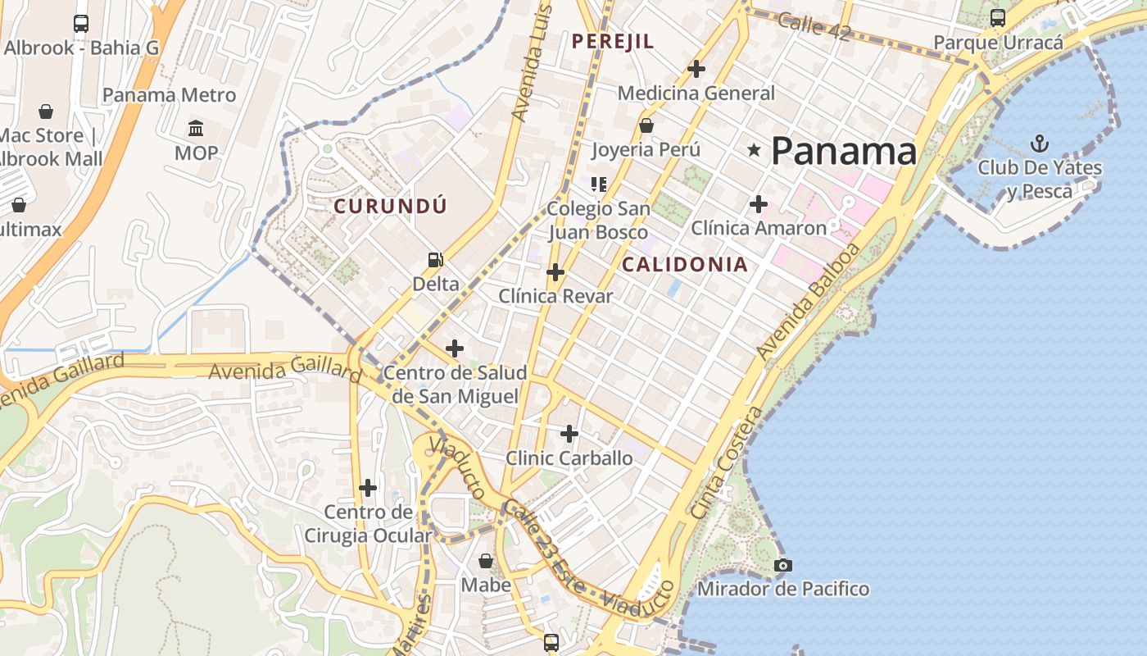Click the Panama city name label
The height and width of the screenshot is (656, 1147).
coord(843,151)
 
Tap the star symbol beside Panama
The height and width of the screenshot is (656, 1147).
coord(754,150)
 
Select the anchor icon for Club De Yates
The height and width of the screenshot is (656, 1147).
coord(1039,144)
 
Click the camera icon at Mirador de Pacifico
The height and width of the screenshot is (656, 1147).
coord(783,565)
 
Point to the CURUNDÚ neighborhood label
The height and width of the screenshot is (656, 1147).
coord(390,206)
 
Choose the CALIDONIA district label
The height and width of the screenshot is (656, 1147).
coord(684,264)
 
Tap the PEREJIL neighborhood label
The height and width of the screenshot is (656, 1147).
coord(613,41)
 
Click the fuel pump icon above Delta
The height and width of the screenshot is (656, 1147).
coord(436,260)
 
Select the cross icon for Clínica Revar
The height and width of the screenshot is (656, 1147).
coord(555,271)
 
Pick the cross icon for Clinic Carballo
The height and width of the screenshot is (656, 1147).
coord(569,433)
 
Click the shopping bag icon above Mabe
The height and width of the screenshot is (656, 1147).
coord(486,561)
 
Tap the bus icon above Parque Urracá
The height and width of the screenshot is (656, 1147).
coord(998,17)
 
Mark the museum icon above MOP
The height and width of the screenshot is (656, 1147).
coord(196,129)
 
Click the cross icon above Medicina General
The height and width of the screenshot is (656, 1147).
coord(696,69)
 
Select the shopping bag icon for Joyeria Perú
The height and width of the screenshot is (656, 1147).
coord(646,125)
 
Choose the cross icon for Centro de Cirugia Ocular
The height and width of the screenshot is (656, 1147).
coord(368,488)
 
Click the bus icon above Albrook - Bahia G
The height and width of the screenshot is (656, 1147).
coord(81,23)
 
